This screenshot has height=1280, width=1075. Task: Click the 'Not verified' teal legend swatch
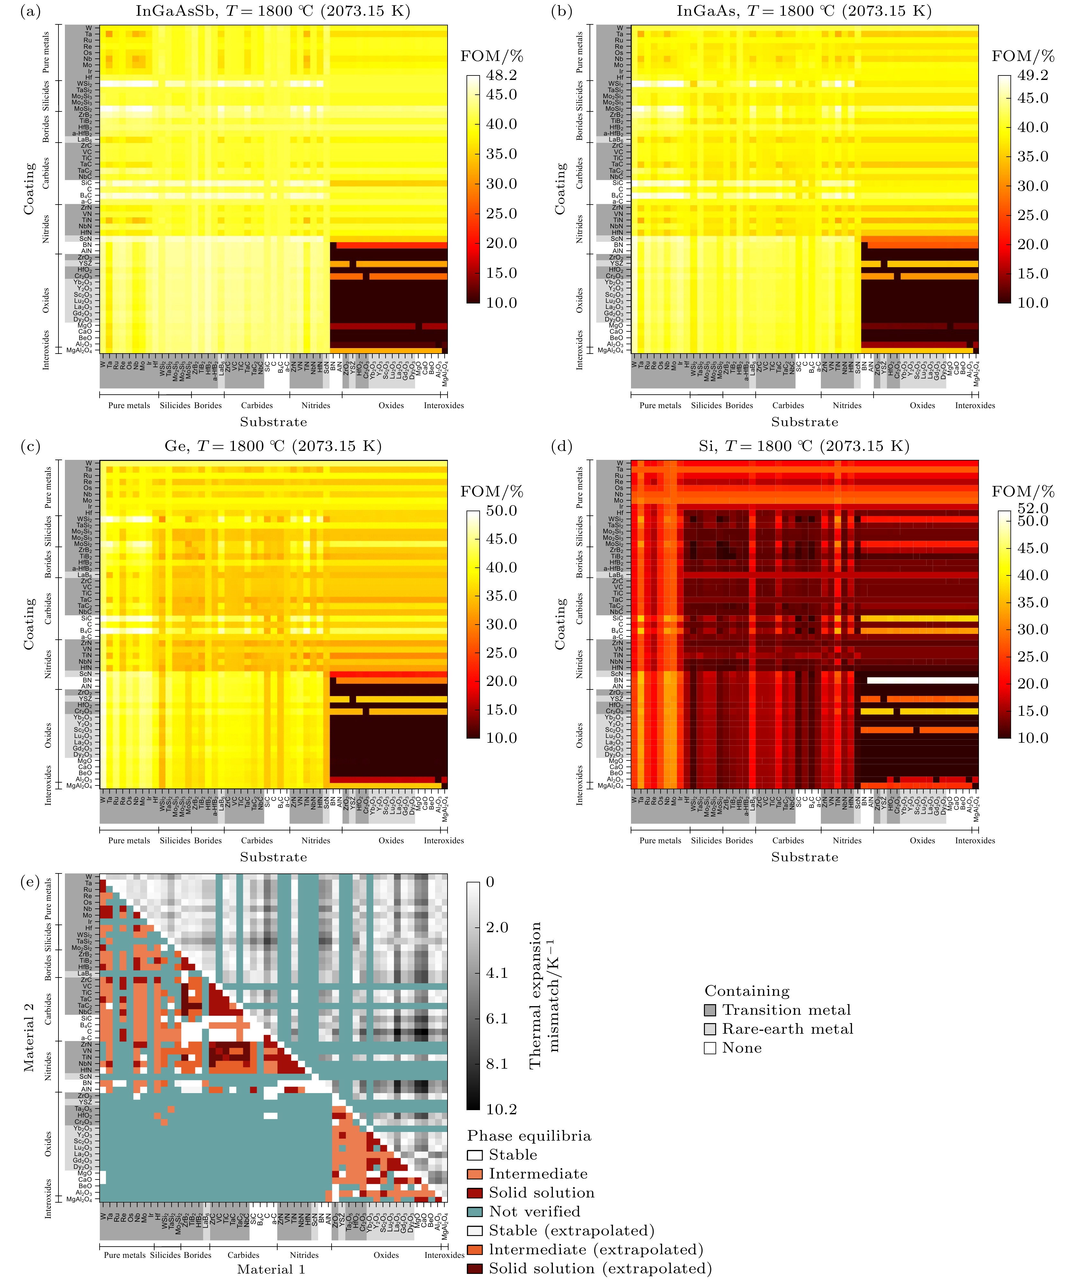point(475,1212)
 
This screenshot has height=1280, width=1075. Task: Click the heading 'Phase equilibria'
point(529,1135)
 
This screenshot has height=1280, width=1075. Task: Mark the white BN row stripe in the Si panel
point(922,680)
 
